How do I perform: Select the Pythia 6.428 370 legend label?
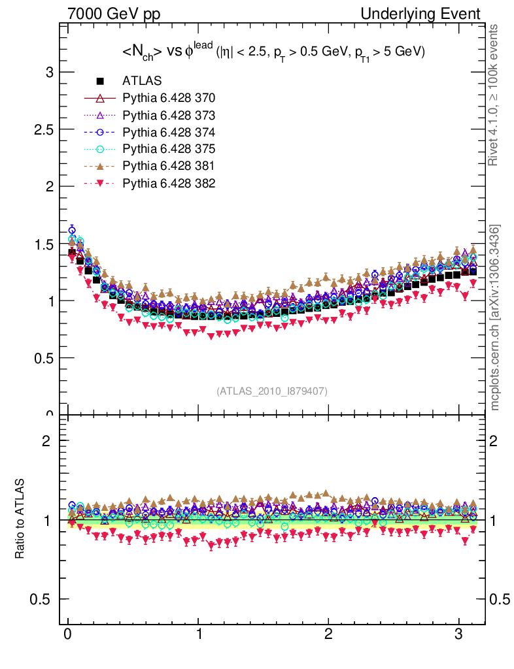[169, 98]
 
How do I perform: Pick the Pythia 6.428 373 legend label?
[169, 115]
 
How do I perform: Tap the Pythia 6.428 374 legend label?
[169, 132]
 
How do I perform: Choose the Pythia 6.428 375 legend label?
[169, 149]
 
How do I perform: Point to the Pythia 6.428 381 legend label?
[169, 166]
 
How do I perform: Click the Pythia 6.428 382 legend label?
[169, 183]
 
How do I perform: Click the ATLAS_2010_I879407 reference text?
[272, 391]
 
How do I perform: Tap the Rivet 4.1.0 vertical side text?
[495, 95]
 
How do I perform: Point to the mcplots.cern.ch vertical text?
[495, 317]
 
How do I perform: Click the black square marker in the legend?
[100, 81]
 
